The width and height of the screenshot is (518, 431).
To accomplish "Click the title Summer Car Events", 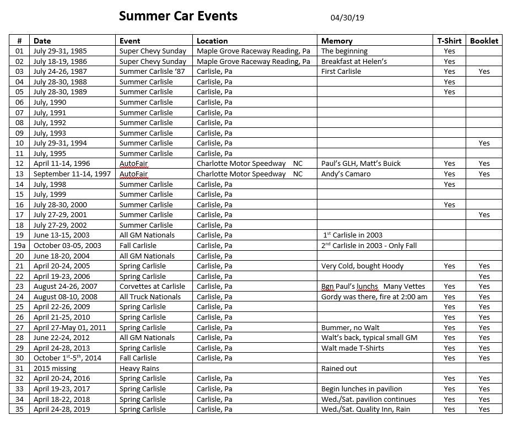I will point(178,16).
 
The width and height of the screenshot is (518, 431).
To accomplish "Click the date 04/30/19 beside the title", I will point(347,18).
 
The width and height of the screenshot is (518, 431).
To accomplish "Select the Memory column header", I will point(337,41).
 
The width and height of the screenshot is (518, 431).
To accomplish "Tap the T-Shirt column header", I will point(449,41).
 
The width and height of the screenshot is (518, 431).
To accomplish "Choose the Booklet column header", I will point(484,41).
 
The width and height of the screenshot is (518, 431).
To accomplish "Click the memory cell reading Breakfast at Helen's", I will point(354,61).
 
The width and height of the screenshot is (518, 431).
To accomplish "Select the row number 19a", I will point(20,245).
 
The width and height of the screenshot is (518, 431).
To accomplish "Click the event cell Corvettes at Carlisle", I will point(152,286).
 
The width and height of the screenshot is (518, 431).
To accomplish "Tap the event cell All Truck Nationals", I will point(150,297).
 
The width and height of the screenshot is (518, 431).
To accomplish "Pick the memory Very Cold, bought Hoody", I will point(362,266).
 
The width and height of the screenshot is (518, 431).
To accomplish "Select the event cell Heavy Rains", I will point(139,368).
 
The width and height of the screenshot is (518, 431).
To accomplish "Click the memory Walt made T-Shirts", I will point(353,348).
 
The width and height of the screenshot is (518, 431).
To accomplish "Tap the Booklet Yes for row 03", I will point(484,71).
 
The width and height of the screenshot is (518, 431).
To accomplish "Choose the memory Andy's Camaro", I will point(346,174).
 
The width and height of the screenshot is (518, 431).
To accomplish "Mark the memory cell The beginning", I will point(344,51).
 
